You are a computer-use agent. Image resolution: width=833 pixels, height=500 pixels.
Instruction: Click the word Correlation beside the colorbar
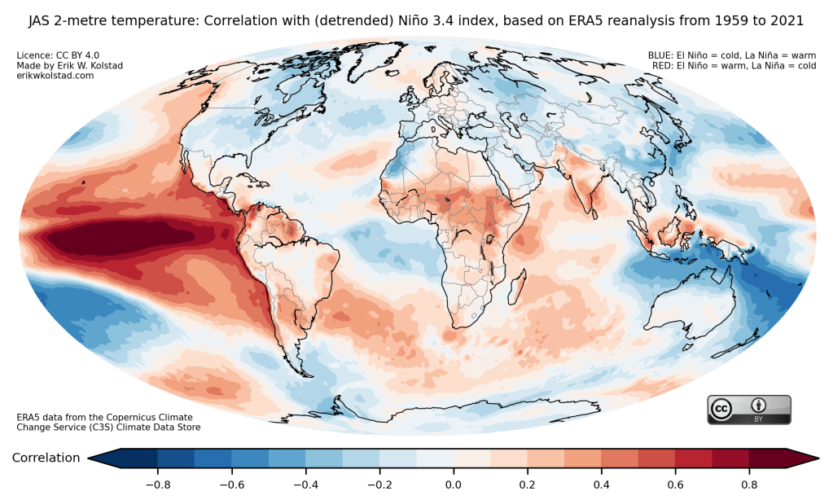(46, 458)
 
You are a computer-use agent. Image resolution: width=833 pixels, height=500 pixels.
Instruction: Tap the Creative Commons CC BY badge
(749, 410)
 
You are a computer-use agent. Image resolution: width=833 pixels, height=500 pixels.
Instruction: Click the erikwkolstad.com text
(55, 76)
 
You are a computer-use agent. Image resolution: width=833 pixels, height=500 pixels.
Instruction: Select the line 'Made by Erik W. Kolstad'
(68, 66)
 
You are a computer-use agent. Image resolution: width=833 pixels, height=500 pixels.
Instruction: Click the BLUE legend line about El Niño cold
(731, 56)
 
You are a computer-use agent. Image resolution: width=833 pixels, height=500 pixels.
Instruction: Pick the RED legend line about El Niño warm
(733, 66)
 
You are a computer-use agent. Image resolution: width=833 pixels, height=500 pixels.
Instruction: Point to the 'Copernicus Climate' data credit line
(108, 417)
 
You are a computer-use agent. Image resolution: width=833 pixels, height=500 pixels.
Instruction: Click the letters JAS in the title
(43, 19)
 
